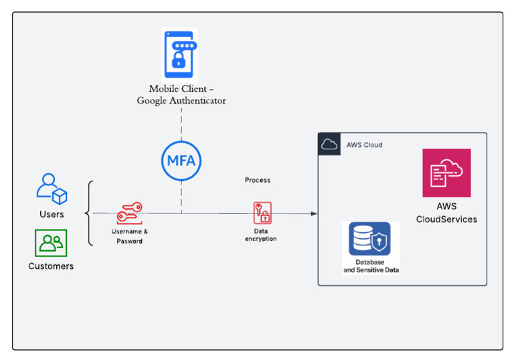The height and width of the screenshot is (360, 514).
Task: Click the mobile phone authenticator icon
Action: click(x=180, y=55)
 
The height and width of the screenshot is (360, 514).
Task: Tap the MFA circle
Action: click(x=181, y=161)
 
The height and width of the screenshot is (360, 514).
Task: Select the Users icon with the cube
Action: click(x=52, y=189)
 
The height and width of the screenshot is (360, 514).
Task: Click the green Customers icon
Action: click(x=51, y=243)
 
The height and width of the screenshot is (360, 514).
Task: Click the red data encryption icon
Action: click(x=262, y=213)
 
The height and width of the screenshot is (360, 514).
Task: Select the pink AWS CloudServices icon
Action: click(x=446, y=173)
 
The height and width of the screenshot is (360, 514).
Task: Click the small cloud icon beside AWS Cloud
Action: click(x=329, y=144)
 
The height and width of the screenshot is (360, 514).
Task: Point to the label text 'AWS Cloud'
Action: click(x=364, y=145)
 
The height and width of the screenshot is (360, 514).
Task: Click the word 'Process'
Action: click(x=258, y=180)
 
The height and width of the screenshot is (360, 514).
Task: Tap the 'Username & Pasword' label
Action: click(x=129, y=236)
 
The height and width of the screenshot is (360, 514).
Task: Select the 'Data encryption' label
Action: click(x=260, y=235)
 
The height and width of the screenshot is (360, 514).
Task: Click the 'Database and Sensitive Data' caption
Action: click(x=370, y=266)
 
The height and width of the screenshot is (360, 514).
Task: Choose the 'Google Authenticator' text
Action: click(x=181, y=101)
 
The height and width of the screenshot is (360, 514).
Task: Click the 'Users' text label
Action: click(x=52, y=214)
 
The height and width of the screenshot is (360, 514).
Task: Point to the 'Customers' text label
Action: click(x=51, y=266)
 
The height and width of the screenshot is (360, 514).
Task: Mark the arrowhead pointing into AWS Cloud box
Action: click(x=313, y=213)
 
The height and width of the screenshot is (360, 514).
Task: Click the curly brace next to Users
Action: click(x=90, y=213)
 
